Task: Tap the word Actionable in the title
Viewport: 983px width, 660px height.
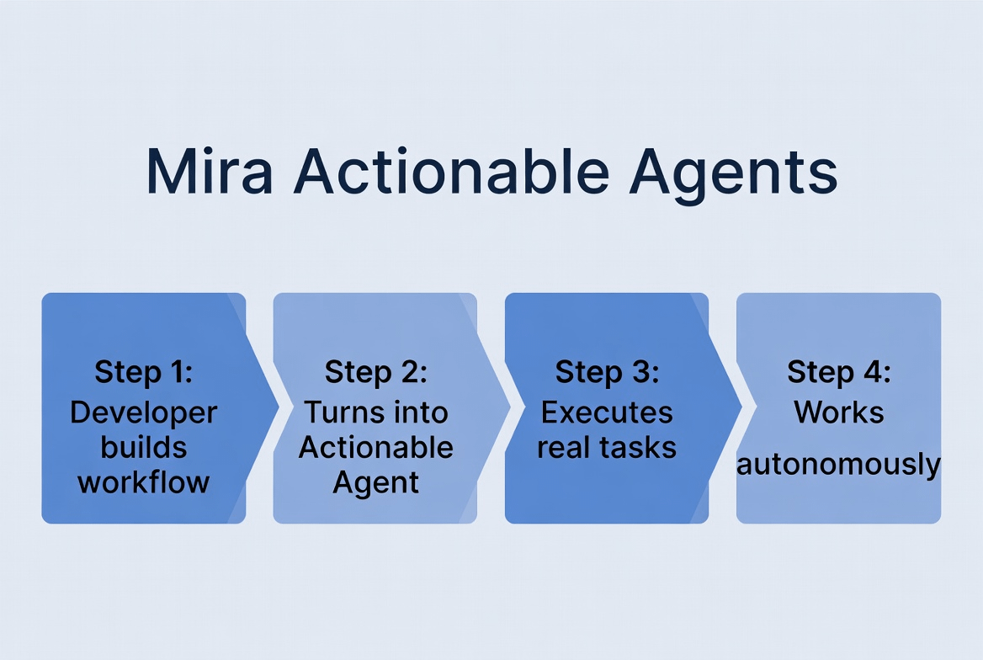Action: tap(449, 172)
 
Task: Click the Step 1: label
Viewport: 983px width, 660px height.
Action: tap(144, 371)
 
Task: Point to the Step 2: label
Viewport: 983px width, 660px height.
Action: tap(375, 371)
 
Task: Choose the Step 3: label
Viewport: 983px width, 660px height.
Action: tap(607, 371)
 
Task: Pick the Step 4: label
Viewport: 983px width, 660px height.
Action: tap(838, 371)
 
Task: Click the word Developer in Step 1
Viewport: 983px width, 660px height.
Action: tap(144, 412)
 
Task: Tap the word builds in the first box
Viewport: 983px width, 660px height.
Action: tap(144, 447)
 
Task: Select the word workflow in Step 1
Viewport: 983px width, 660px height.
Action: tap(144, 482)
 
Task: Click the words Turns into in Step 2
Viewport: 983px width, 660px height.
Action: tap(375, 412)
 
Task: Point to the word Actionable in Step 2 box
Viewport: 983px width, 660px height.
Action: tap(375, 447)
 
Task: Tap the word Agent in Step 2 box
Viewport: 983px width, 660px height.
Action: tap(375, 482)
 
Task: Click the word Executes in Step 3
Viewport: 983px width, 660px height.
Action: tap(607, 412)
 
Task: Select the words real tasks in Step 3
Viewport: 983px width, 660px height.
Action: tap(607, 447)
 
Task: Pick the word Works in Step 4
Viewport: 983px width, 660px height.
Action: tap(838, 412)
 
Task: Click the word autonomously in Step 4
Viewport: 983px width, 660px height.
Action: tap(838, 464)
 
